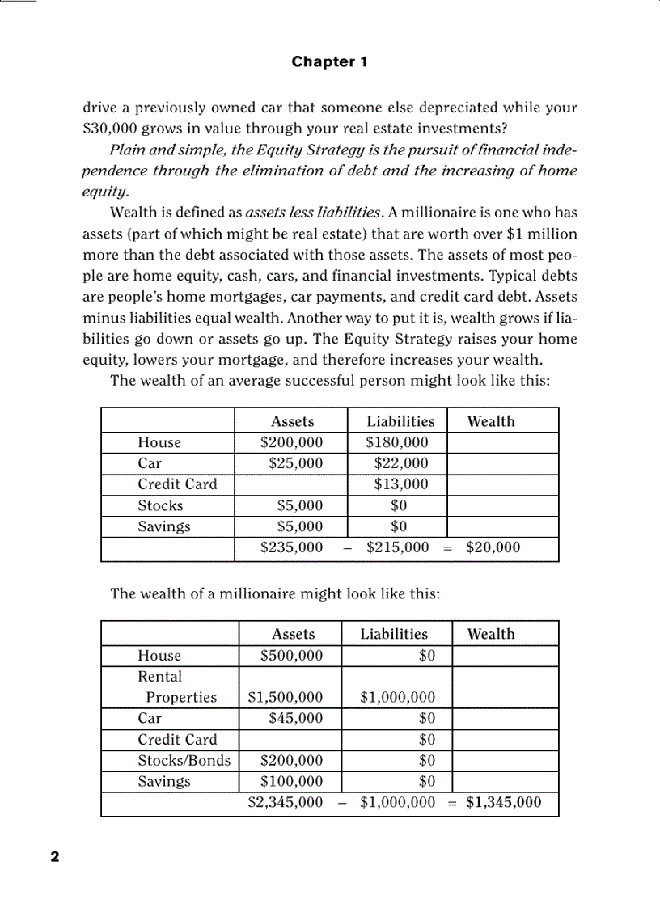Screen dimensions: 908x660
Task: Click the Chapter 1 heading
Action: (329, 61)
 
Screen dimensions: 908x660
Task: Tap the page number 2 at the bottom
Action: (55, 857)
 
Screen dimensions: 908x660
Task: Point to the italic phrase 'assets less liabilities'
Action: (313, 213)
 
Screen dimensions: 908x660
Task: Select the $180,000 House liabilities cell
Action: (396, 442)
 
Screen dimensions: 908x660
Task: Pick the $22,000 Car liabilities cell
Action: (400, 463)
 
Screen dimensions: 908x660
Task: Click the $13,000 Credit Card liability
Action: (400, 484)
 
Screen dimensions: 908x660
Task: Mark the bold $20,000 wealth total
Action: (493, 547)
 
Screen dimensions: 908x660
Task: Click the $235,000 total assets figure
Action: (291, 547)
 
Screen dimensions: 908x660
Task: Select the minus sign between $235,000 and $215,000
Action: (346, 548)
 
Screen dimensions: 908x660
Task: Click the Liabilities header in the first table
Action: (400, 421)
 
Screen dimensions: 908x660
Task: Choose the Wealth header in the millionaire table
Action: (490, 634)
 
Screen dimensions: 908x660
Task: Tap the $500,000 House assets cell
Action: (291, 656)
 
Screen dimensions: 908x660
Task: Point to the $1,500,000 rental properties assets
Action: (286, 697)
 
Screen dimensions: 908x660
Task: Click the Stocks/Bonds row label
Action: (184, 760)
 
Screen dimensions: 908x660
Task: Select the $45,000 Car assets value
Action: (295, 718)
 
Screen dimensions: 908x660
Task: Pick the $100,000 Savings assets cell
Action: (291, 781)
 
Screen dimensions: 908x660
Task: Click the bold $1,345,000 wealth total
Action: (503, 802)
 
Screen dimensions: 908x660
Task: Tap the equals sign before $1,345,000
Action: (452, 803)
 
